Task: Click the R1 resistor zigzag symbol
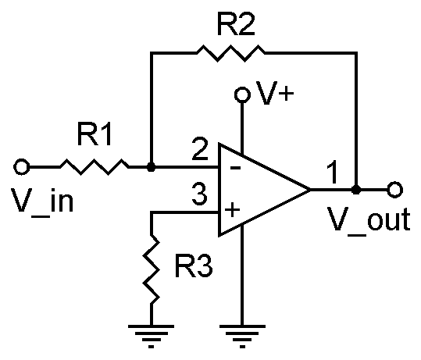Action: click(95, 167)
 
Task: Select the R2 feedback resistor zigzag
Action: click(231, 53)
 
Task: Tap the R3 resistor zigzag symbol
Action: click(152, 269)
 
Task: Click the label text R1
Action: click(95, 134)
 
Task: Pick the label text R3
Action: click(194, 266)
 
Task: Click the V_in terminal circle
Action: click(22, 167)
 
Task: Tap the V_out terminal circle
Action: click(394, 190)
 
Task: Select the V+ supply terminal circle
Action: click(242, 94)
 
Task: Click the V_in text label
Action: click(42, 201)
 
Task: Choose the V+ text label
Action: click(275, 93)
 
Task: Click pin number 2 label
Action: click(200, 148)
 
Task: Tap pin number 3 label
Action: click(200, 194)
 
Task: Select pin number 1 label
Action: click(333, 172)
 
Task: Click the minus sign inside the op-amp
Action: click(235, 169)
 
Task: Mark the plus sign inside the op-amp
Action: click(232, 210)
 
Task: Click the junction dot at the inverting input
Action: click(152, 167)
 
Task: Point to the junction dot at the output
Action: click(356, 190)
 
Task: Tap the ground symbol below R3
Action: click(152, 336)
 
